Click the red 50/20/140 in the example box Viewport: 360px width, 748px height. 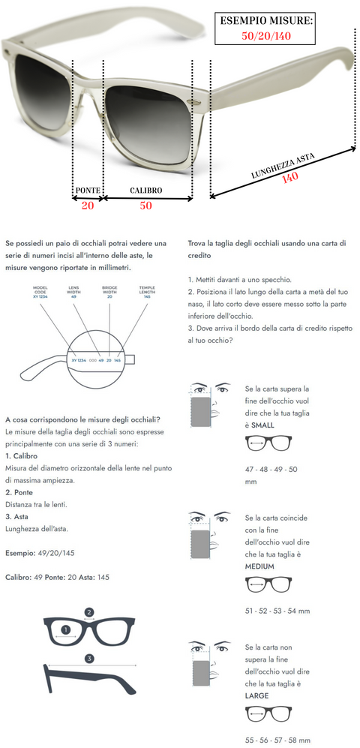(x=266, y=35)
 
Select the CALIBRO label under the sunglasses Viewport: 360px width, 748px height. (x=146, y=191)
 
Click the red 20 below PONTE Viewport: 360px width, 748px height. (x=88, y=206)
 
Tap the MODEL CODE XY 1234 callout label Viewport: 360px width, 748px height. (x=40, y=292)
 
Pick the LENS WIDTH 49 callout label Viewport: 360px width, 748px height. (x=74, y=292)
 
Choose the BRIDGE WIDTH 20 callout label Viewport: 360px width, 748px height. (x=109, y=292)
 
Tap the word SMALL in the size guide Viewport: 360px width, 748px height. (x=262, y=425)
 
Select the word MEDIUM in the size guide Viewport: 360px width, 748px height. (x=259, y=566)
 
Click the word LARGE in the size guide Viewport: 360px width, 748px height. (x=256, y=696)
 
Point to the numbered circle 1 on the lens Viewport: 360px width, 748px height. (x=66, y=629)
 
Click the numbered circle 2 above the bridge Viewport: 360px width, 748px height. (x=88, y=612)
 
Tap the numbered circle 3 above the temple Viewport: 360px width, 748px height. (x=89, y=659)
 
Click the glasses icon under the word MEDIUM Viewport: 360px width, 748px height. (x=268, y=585)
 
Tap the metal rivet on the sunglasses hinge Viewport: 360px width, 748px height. (x=196, y=103)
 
